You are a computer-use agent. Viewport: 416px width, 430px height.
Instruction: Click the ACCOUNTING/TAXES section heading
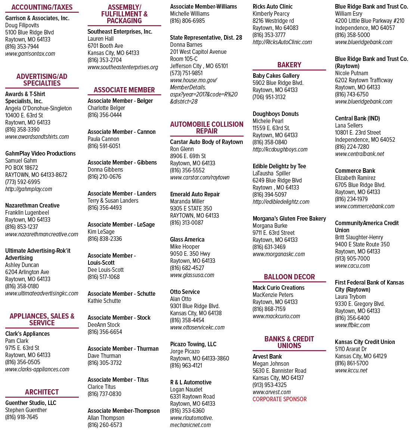[x=42, y=7]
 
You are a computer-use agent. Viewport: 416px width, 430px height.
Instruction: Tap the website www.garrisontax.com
[x=30, y=54]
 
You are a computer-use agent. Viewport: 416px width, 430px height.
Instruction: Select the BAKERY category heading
[x=289, y=65]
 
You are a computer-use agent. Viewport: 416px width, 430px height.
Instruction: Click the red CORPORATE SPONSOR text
[x=280, y=399]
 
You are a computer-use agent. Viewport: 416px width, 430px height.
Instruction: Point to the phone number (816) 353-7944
[x=22, y=47]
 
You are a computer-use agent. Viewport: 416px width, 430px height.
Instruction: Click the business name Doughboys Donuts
[x=276, y=114]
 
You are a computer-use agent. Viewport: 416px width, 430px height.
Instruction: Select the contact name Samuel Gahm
[x=21, y=161]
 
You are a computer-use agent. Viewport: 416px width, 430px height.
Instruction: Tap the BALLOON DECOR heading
[x=289, y=277]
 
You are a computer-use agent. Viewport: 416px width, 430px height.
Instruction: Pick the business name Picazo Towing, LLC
[x=193, y=344]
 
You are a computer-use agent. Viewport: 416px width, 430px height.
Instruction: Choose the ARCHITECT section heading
[x=42, y=392]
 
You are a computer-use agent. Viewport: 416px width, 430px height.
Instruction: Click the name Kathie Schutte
[x=104, y=301]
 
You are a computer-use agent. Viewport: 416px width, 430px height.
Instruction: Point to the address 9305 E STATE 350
[x=191, y=208]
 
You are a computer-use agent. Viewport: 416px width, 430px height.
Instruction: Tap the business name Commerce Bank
[x=355, y=171]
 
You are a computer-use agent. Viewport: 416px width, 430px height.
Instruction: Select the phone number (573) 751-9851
[x=186, y=73]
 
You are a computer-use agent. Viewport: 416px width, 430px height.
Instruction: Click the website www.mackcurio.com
[x=276, y=316]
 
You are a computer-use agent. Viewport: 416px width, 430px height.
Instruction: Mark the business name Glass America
[x=187, y=239]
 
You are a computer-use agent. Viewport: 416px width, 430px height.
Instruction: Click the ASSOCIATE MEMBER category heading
[x=124, y=90]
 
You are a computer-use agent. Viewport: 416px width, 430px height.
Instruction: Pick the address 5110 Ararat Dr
[x=351, y=349]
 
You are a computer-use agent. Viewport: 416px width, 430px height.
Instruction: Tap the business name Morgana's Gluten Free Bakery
[x=289, y=219]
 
